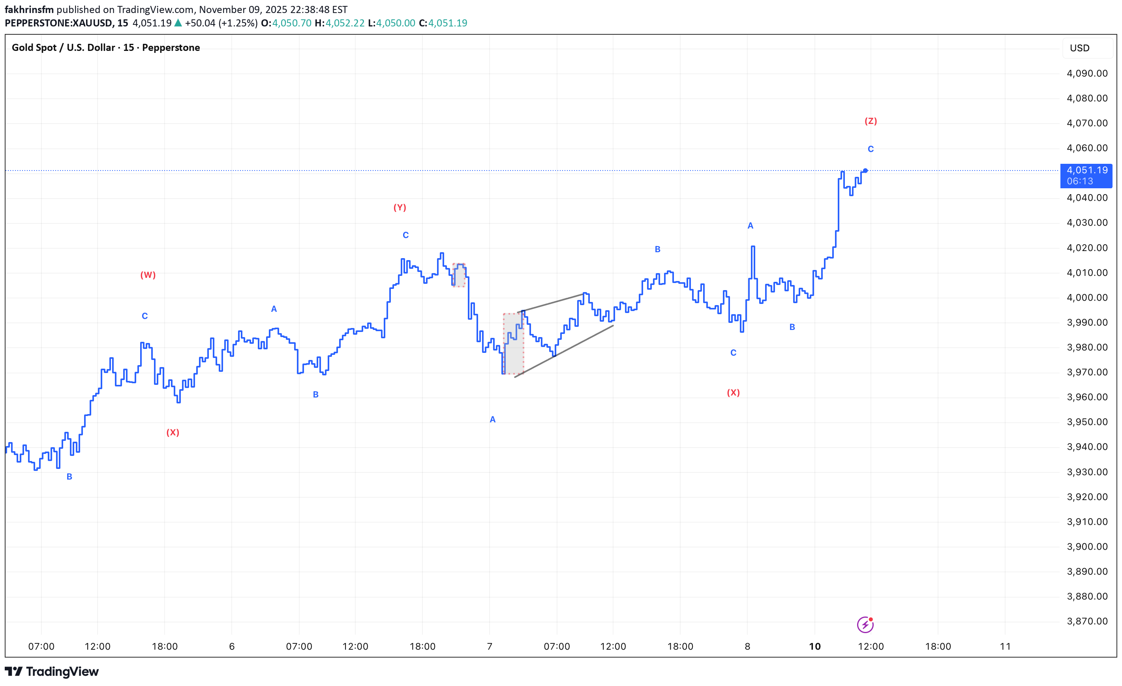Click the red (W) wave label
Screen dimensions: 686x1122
[148, 275]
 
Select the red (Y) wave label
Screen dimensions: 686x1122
[400, 208]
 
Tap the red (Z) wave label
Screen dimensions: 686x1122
[871, 121]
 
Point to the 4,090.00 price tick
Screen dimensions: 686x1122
[1087, 73]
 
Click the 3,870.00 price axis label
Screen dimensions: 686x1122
[1087, 621]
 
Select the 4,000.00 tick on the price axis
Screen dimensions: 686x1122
[1087, 298]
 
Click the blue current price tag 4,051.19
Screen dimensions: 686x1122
[1086, 176]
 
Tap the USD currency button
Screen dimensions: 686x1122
[1080, 48]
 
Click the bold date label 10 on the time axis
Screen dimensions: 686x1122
[814, 647]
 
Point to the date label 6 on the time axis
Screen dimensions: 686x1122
[232, 647]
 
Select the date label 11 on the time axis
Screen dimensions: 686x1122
[1005, 647]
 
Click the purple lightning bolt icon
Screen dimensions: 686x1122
[865, 625]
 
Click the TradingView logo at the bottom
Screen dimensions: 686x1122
[52, 671]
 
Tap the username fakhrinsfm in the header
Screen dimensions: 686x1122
[29, 9]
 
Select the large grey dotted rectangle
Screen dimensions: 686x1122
[513, 344]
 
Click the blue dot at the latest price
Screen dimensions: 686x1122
[865, 171]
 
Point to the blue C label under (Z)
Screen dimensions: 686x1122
[871, 149]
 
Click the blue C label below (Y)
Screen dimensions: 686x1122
[406, 235]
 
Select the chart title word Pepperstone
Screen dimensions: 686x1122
[171, 47]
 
